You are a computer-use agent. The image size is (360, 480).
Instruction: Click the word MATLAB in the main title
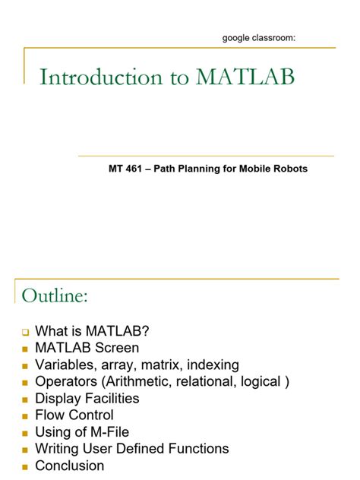pos(245,77)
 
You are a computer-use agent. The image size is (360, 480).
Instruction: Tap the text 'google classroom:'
pos(258,37)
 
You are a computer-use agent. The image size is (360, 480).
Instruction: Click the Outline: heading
pos(55,295)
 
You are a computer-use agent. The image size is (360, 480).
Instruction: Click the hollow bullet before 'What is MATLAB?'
pos(25,333)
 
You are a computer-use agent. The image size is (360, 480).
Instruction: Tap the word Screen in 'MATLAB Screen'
pos(118,348)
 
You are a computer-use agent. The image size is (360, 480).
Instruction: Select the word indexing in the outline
pos(213,365)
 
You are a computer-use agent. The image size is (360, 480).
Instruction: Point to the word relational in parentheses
pos(212,381)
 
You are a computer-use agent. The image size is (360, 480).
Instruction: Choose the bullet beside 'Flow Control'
pos(25,415)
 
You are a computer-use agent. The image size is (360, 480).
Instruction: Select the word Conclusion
pos(70,465)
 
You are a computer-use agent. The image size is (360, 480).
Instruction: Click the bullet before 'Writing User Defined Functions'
pos(25,449)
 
